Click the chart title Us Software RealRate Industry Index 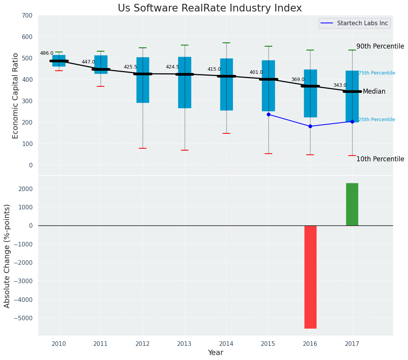[x=210, y=8]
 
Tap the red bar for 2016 [x=310, y=277]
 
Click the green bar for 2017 [x=352, y=204]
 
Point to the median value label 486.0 [x=47, y=53]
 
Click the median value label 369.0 [x=298, y=79]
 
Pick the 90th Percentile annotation [x=380, y=47]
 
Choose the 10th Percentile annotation [x=380, y=159]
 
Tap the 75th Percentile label [x=377, y=73]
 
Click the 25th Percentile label [x=377, y=120]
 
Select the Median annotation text [x=374, y=92]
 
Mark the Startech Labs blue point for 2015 [x=268, y=114]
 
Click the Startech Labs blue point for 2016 [x=310, y=126]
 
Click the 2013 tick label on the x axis [x=184, y=344]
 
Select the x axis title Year [x=216, y=353]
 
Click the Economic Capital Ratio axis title [x=16, y=96]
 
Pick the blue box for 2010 [x=59, y=60]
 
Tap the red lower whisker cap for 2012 [x=143, y=148]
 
